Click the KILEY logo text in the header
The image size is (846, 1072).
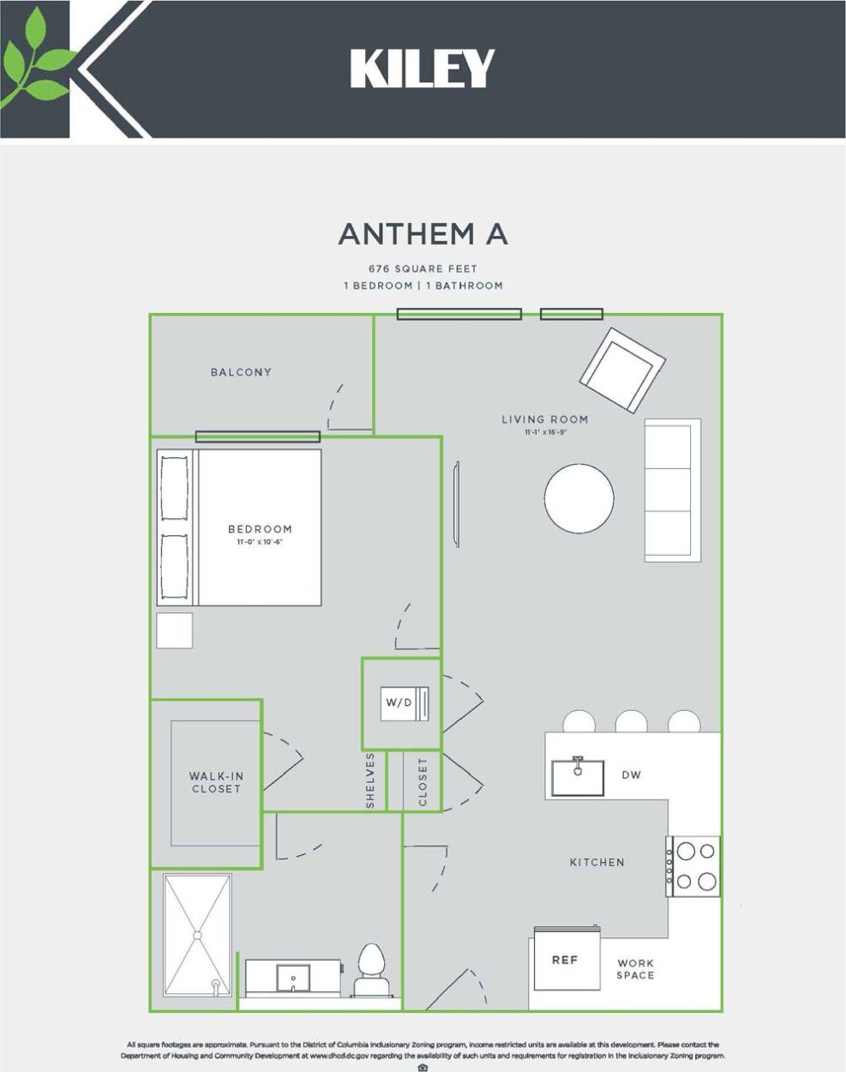423,69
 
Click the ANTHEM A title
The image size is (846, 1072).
423,234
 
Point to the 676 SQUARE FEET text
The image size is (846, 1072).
423,269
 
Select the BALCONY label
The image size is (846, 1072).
241,372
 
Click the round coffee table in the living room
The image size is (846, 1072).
579,498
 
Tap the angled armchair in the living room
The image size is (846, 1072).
622,370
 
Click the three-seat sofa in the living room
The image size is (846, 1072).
672,490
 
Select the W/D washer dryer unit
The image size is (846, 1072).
405,703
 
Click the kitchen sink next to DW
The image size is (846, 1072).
577,777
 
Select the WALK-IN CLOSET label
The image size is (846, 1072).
216,782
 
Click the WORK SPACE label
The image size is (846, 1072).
635,969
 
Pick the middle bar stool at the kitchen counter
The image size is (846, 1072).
631,722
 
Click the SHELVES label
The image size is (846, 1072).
370,780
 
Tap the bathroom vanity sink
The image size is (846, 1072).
293,977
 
